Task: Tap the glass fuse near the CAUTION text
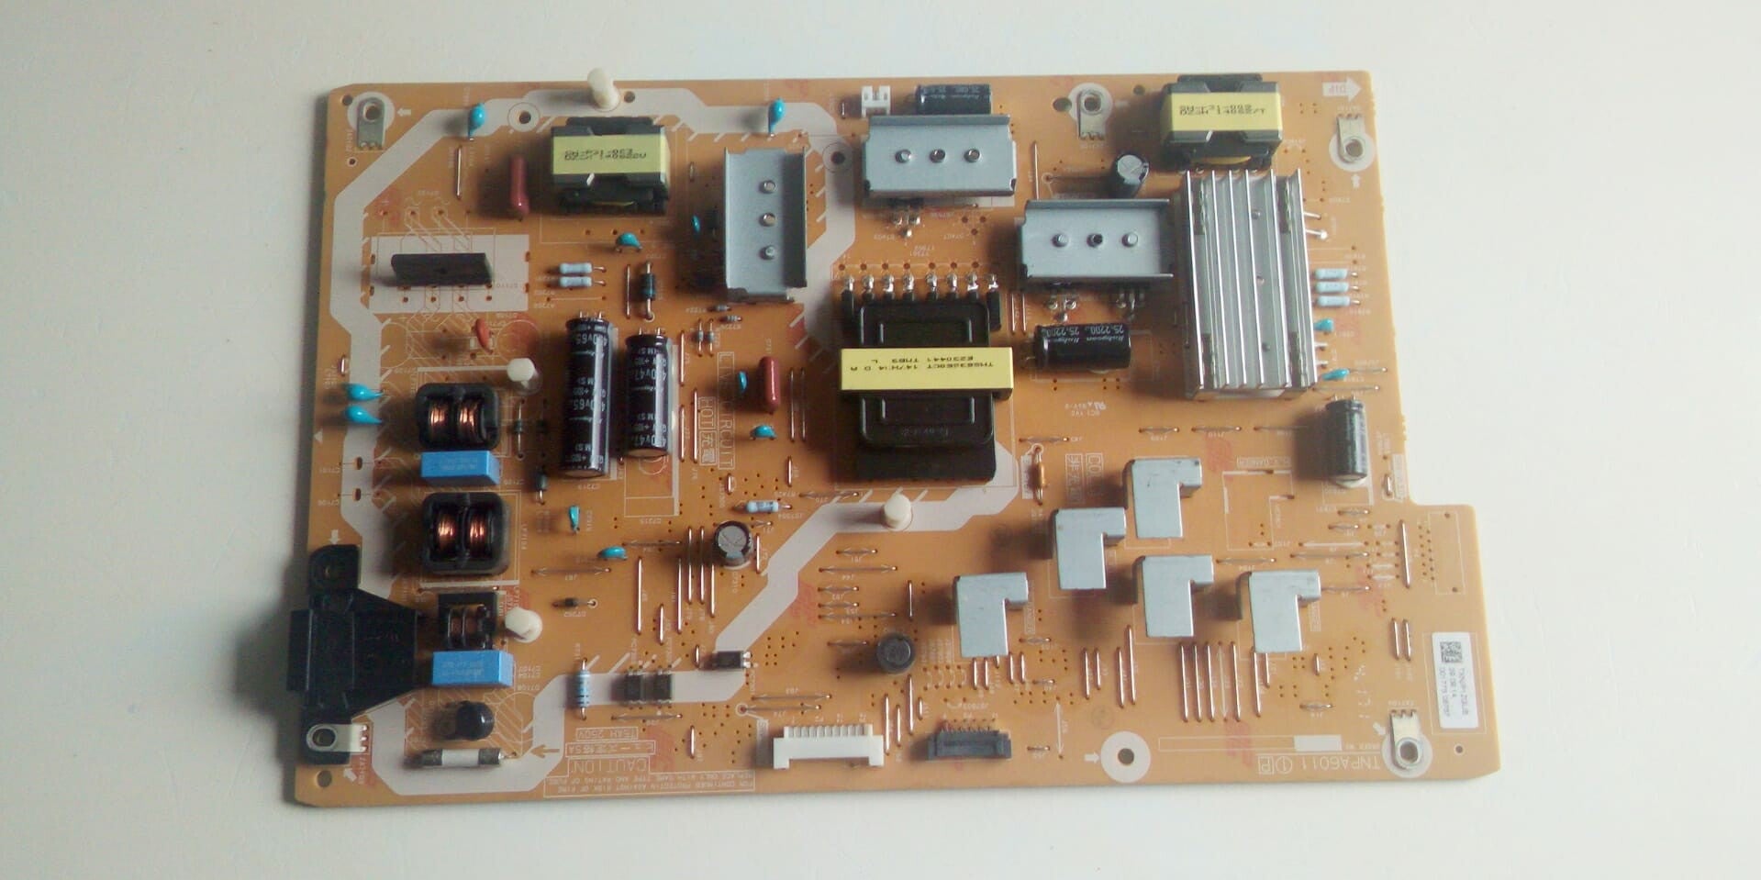coord(455,758)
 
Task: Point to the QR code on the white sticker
coord(1449,652)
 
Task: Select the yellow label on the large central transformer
coord(925,368)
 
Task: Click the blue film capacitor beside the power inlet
coord(473,668)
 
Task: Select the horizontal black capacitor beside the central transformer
coord(1082,344)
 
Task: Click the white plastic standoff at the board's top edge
coord(602,88)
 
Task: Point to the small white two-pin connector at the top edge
coord(876,99)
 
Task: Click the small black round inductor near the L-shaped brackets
coord(894,652)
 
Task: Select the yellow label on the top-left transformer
coord(609,155)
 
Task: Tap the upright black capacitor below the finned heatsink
coord(1345,440)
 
